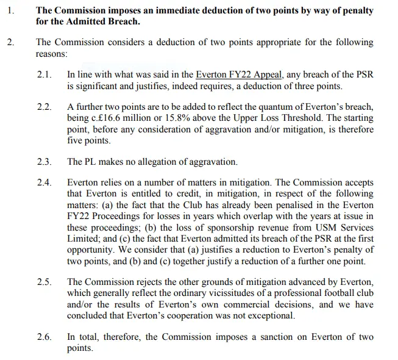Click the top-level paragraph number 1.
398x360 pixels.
[x=10, y=10]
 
